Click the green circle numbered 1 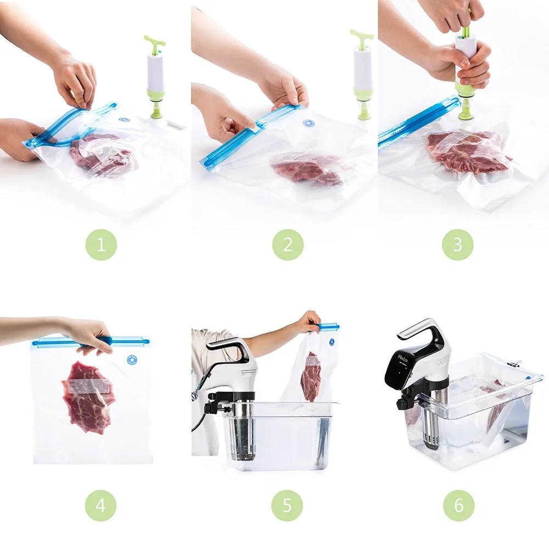click(101, 244)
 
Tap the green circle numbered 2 click(288, 244)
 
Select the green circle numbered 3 click(458, 244)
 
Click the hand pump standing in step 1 click(155, 77)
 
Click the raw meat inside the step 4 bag click(88, 395)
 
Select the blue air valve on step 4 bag click(132, 360)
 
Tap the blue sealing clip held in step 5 click(328, 327)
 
